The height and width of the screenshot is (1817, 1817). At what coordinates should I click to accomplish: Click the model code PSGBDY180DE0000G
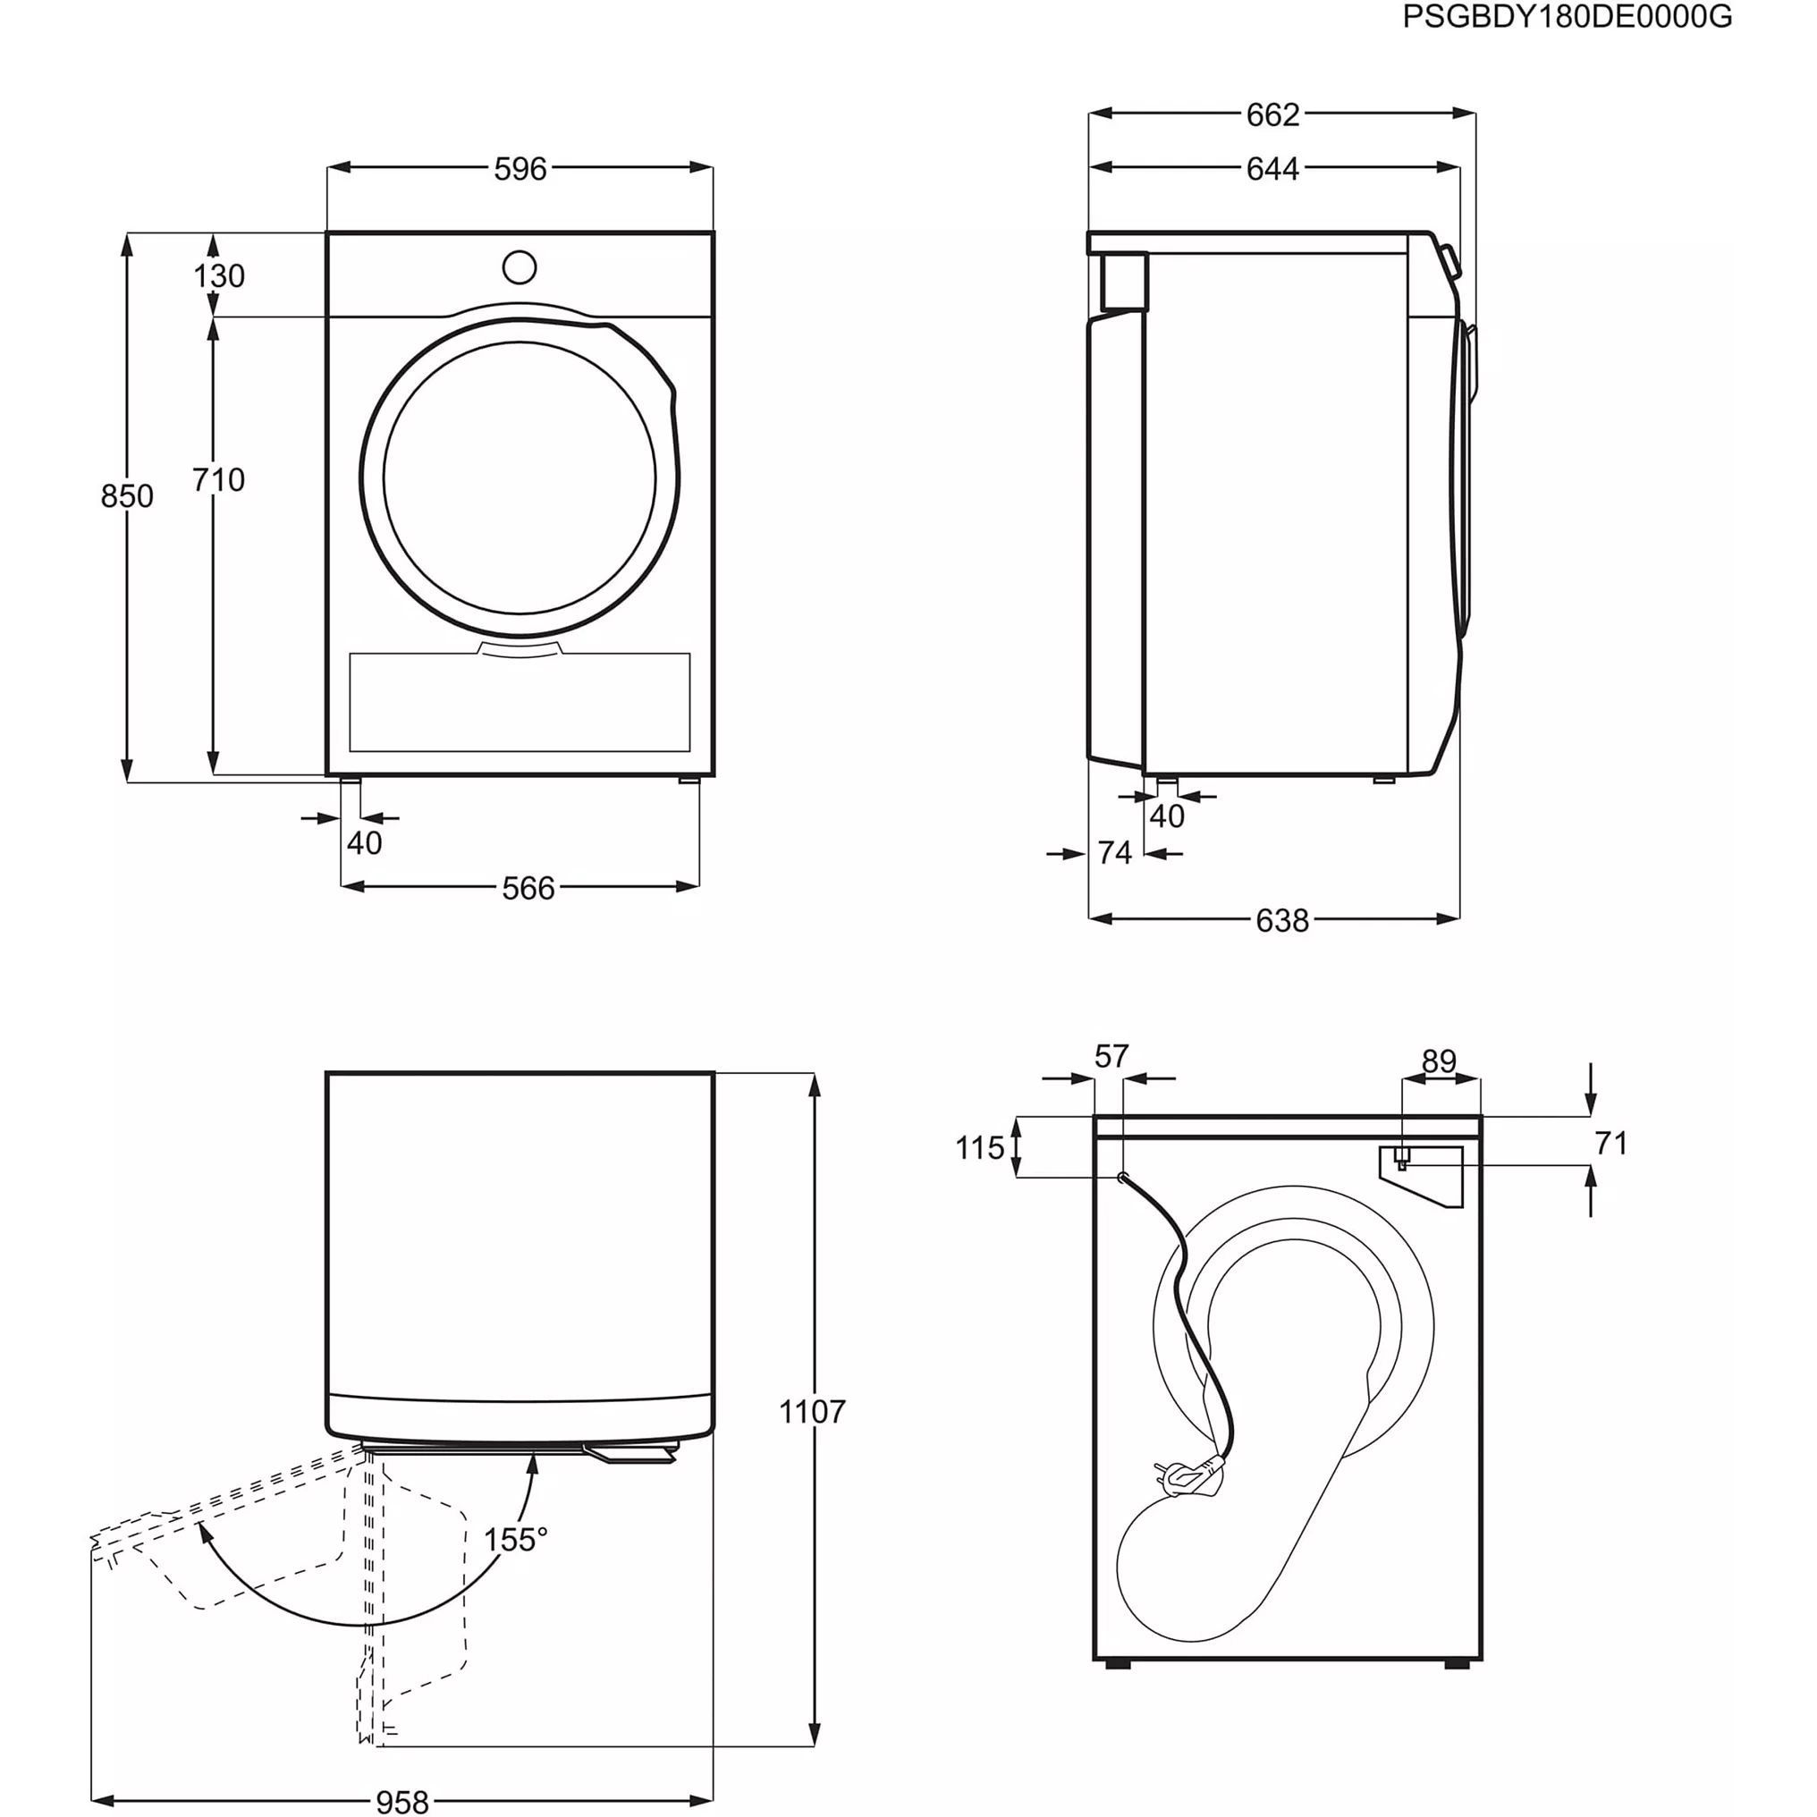[x=1567, y=17]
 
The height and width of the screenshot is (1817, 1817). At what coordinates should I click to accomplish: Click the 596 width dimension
[x=520, y=169]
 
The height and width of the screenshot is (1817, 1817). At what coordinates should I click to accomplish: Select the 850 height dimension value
[x=127, y=495]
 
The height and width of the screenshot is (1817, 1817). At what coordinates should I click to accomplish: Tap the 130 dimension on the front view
[x=219, y=275]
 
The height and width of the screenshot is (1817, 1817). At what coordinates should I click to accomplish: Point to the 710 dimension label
[x=219, y=479]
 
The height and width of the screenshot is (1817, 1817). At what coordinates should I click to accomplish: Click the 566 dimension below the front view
[x=528, y=888]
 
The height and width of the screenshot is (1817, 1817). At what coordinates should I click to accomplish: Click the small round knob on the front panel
[x=520, y=267]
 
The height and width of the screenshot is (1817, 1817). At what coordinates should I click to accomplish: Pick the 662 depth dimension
[x=1272, y=114]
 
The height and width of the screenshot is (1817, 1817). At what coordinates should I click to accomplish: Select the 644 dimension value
[x=1272, y=169]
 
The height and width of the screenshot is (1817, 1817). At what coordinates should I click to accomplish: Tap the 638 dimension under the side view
[x=1282, y=921]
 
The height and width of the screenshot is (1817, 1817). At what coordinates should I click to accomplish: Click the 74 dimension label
[x=1114, y=853]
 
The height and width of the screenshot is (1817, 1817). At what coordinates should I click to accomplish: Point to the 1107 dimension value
[x=812, y=1411]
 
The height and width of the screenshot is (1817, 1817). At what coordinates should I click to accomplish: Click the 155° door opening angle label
[x=515, y=1540]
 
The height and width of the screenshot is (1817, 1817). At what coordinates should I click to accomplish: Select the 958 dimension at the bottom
[x=402, y=1801]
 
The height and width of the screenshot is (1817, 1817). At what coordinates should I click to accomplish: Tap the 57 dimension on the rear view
[x=1111, y=1056]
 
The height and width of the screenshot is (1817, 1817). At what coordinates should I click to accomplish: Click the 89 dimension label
[x=1439, y=1061]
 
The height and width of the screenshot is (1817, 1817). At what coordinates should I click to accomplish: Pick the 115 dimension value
[x=979, y=1147]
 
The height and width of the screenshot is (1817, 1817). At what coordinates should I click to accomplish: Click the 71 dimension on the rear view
[x=1611, y=1143]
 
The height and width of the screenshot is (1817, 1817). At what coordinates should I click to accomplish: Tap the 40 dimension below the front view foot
[x=365, y=842]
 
